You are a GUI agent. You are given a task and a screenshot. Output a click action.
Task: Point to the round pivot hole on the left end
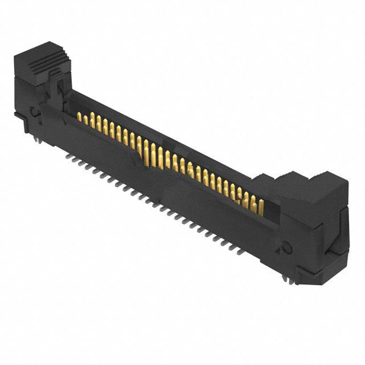click(x=35, y=112)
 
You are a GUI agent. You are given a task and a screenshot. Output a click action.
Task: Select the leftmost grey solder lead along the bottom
click(x=74, y=158)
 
